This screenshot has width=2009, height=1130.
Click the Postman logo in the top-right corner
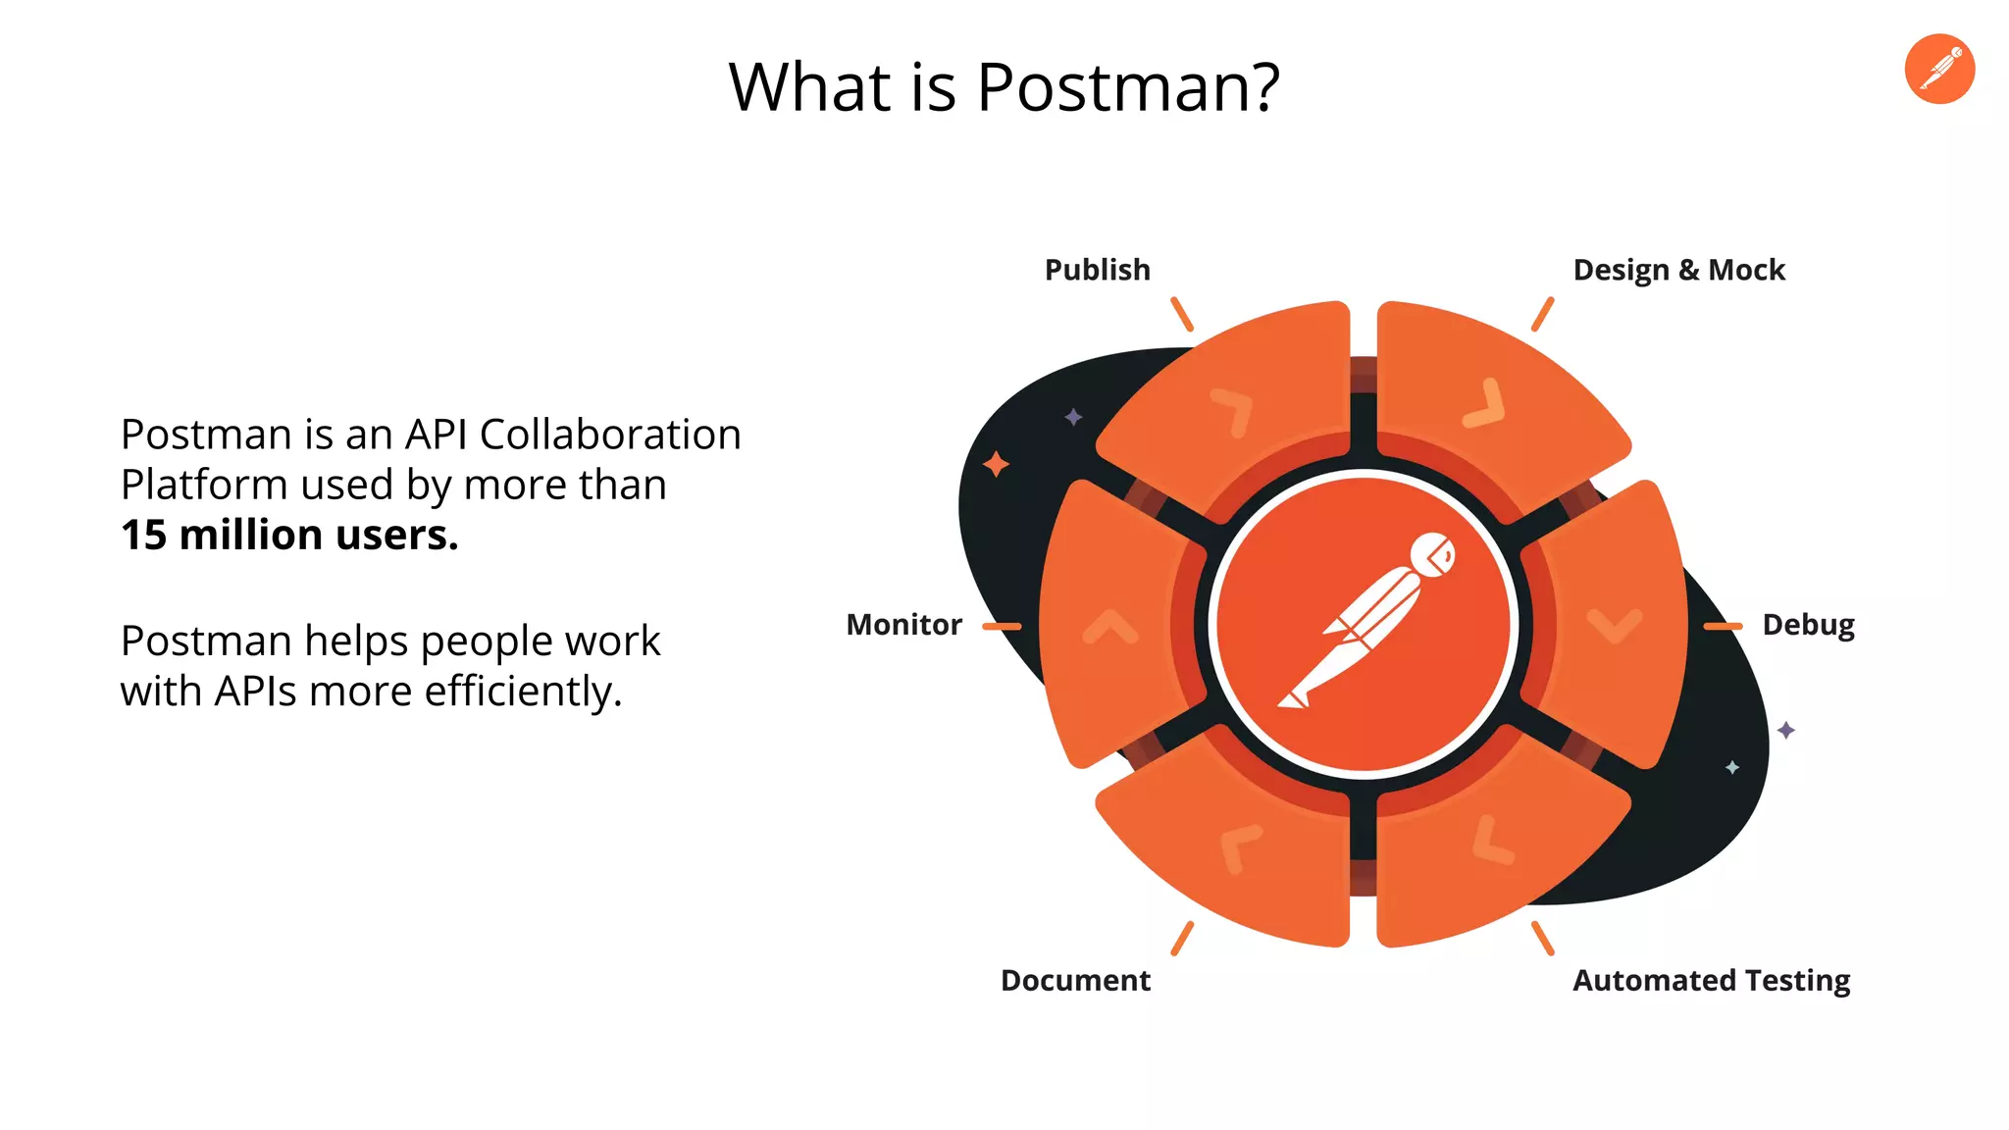click(1939, 69)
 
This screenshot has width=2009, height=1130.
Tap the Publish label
click(1097, 270)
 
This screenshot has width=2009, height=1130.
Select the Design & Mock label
click(1678, 270)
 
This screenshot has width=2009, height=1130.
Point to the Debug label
click(1808, 625)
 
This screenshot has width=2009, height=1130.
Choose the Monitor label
click(903, 625)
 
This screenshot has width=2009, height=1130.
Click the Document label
click(1075, 980)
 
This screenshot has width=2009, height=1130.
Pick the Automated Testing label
click(1711, 980)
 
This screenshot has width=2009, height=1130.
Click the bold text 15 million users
click(289, 536)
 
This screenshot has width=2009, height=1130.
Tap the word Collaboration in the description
click(610, 435)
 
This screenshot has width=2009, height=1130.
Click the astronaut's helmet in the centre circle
click(1433, 555)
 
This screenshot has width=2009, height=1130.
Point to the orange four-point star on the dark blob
click(996, 464)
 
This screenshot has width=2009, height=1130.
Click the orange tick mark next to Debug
click(1723, 626)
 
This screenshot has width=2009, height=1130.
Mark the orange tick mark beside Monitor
click(1002, 626)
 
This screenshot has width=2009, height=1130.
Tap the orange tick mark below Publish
click(1182, 315)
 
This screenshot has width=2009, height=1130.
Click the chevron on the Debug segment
click(1614, 625)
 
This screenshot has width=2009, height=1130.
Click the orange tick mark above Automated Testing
click(1543, 938)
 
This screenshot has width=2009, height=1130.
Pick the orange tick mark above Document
click(1182, 938)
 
